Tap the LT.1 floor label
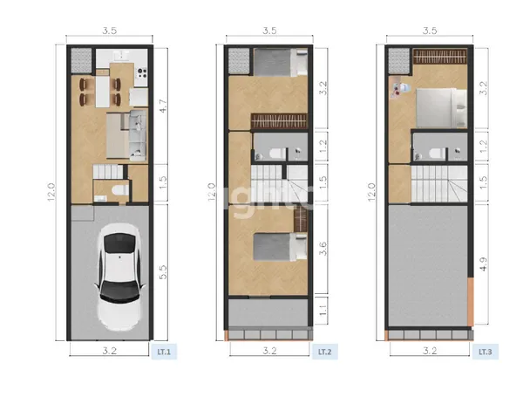162,353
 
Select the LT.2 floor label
323,353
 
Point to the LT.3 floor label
485,353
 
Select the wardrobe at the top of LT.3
441,57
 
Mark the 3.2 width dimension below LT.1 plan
108,352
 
